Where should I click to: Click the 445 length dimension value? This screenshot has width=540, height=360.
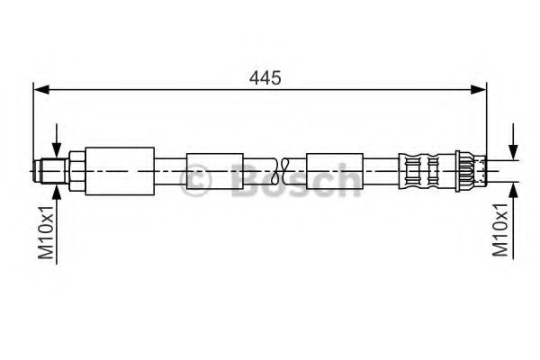265,77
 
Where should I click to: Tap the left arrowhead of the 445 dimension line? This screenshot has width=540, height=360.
40,89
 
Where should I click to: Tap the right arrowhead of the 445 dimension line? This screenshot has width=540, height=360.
480,89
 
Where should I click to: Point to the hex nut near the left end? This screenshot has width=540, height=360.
76,170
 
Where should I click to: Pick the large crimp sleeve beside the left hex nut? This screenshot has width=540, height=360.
120,170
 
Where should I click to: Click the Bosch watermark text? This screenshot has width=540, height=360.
288,180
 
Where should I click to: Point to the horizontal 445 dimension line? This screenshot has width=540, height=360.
162,89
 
